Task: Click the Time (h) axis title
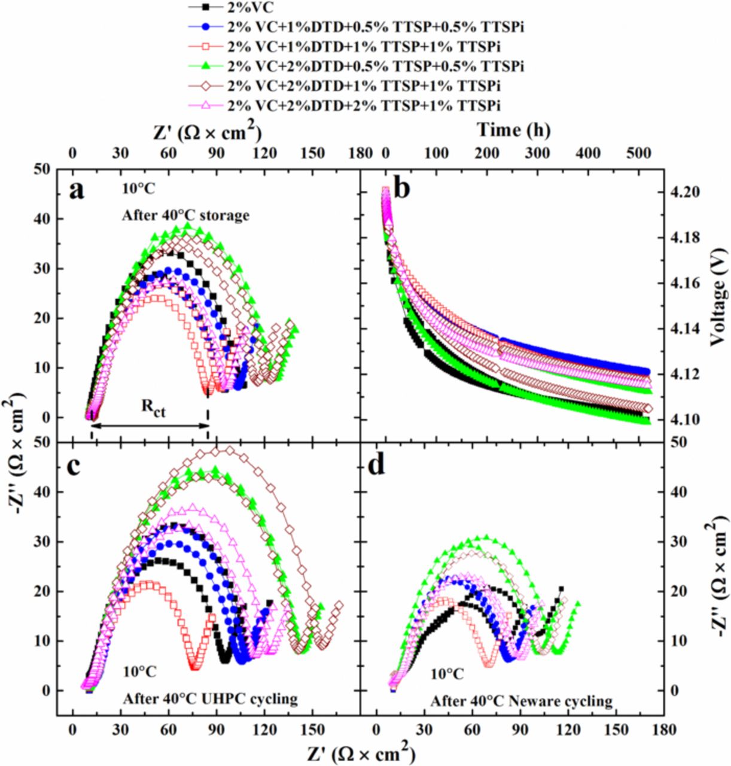(513, 130)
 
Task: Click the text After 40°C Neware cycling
(520, 701)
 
